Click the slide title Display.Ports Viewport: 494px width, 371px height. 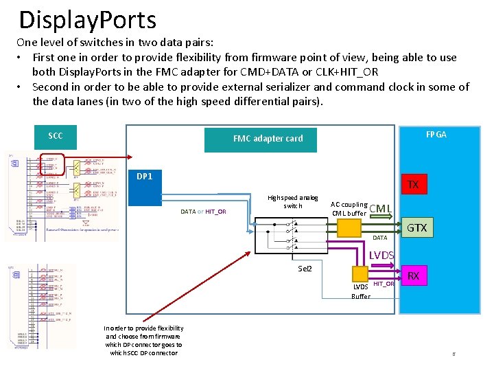pyautogui.click(x=88, y=21)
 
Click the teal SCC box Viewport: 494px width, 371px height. pyautogui.click(x=56, y=135)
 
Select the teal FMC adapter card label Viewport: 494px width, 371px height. pyautogui.click(x=268, y=138)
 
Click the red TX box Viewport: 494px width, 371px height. pyautogui.click(x=413, y=184)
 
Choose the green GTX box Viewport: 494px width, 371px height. pyautogui.click(x=417, y=227)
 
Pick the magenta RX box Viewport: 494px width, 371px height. pyautogui.click(x=413, y=276)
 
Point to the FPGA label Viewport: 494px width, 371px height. pyautogui.click(x=436, y=135)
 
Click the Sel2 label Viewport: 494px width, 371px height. pyautogui.click(x=305, y=268)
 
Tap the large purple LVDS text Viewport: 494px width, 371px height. pyautogui.click(x=381, y=256)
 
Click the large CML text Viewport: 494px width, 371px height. pyautogui.click(x=381, y=209)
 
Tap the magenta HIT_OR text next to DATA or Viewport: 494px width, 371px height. pyautogui.click(x=215, y=212)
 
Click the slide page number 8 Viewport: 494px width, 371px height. pyautogui.click(x=453, y=354)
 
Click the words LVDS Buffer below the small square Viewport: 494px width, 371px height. pyautogui.click(x=360, y=291)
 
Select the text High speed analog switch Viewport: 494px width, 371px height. pyautogui.click(x=293, y=201)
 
